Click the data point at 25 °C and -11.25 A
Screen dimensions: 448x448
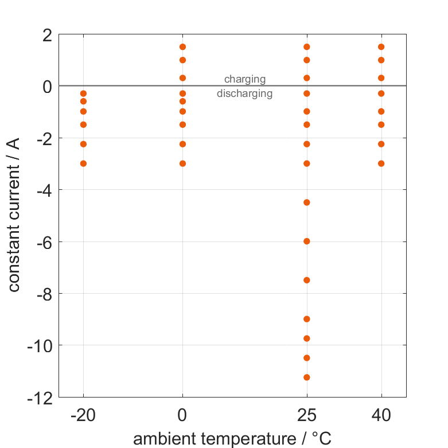tap(307, 377)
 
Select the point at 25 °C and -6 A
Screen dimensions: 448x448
tap(307, 241)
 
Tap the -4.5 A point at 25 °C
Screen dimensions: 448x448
tap(307, 202)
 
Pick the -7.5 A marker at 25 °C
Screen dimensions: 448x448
tap(307, 280)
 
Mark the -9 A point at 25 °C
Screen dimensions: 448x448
tap(307, 319)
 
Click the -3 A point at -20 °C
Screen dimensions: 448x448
tap(83, 163)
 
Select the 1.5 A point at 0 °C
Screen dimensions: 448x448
tap(183, 47)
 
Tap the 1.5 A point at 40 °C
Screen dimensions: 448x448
tap(381, 47)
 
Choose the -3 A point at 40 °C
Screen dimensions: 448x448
tap(381, 163)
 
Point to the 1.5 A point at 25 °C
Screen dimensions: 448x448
tap(307, 47)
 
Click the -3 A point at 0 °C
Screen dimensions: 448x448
tap(183, 163)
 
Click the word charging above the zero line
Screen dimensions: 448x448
tap(245, 79)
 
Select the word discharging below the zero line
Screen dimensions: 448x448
tap(245, 94)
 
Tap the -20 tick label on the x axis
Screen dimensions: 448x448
tap(83, 415)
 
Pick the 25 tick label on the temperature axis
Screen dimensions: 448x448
tap(307, 415)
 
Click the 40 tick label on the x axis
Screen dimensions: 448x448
tap(381, 415)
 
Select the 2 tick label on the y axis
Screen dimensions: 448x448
tap(47, 34)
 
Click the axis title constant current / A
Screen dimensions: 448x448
tap(14, 216)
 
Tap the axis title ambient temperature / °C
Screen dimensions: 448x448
tap(232, 438)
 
